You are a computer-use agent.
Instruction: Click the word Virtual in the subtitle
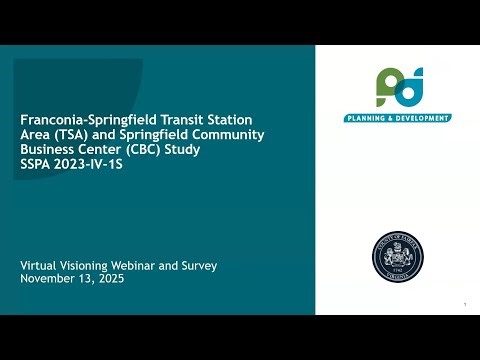point(40,265)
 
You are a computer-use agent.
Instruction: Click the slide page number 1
point(465,304)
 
